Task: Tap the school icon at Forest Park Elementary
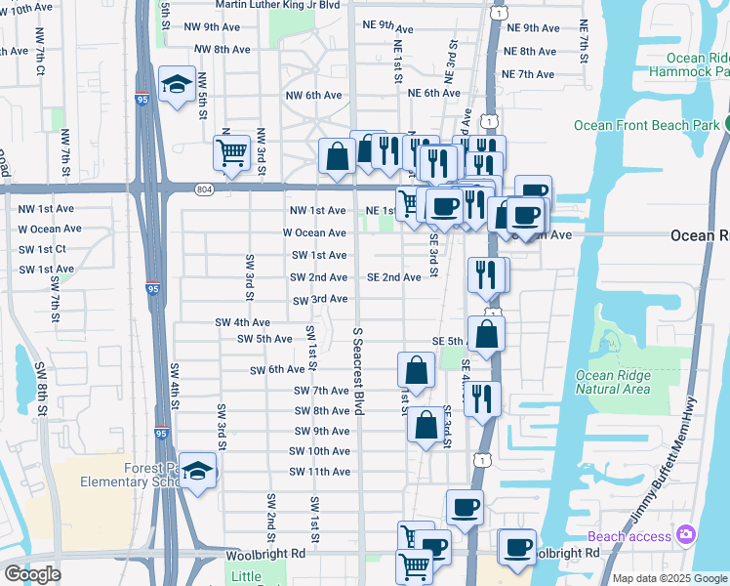[x=198, y=473]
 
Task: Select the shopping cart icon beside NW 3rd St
[x=232, y=151]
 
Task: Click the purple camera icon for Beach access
[x=686, y=534]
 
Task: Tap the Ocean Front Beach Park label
[x=646, y=124]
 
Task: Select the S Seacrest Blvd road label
[x=358, y=371]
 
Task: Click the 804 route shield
[x=203, y=188]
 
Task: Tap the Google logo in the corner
[x=32, y=573]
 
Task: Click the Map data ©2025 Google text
[x=670, y=578]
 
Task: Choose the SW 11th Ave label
[x=319, y=472]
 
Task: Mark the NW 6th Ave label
[x=313, y=95]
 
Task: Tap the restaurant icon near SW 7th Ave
[x=482, y=397]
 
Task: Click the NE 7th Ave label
[x=528, y=74]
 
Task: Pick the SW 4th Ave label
[x=242, y=322]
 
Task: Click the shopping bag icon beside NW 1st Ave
[x=337, y=155]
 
